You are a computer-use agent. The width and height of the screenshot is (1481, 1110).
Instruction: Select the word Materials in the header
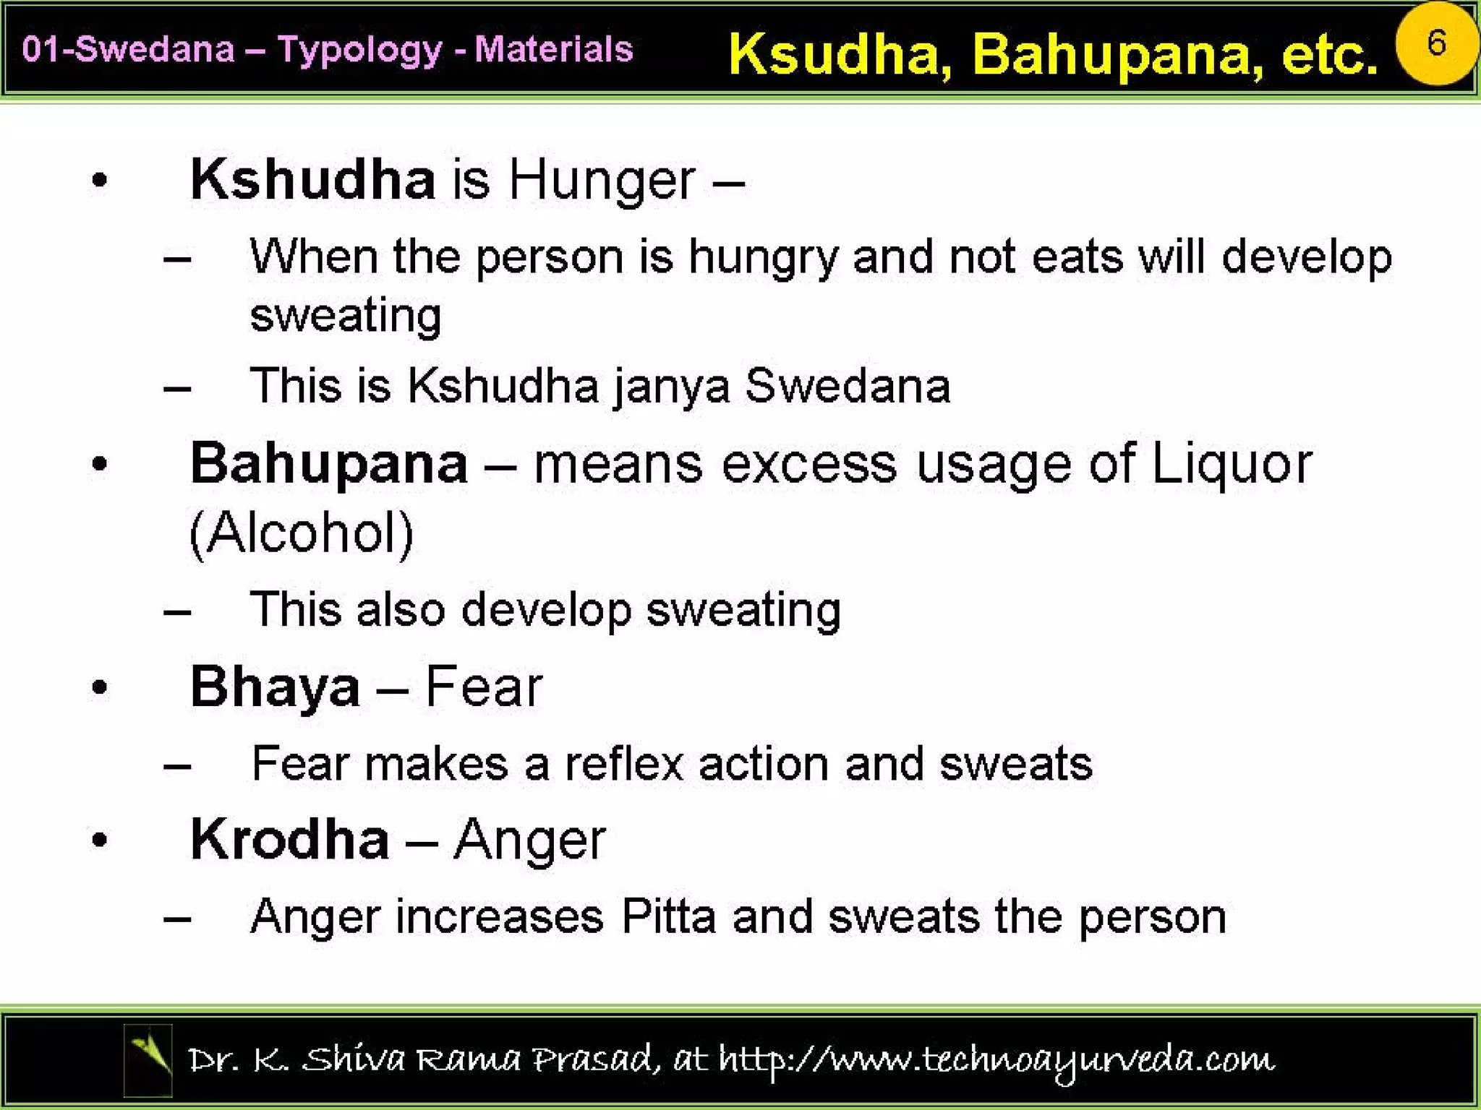pyautogui.click(x=554, y=50)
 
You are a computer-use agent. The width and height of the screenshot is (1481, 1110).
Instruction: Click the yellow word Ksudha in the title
pyautogui.click(x=839, y=55)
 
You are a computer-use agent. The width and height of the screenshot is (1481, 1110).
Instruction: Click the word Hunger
pyautogui.click(x=602, y=180)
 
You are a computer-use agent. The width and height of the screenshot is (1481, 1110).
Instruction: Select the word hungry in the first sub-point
pyautogui.click(x=763, y=257)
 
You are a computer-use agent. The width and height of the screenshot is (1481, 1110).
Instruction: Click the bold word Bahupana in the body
pyautogui.click(x=329, y=463)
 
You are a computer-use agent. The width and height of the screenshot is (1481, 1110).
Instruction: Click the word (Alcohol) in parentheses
pyautogui.click(x=302, y=533)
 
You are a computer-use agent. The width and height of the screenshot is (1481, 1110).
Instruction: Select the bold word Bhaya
pyautogui.click(x=275, y=687)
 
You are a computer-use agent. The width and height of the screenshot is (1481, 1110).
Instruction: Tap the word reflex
pyautogui.click(x=623, y=764)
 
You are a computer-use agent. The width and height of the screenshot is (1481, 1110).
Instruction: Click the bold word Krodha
pyautogui.click(x=289, y=839)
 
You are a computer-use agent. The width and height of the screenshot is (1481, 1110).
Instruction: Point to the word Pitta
pyautogui.click(x=668, y=916)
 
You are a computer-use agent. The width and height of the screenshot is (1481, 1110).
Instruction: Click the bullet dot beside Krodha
pyautogui.click(x=100, y=840)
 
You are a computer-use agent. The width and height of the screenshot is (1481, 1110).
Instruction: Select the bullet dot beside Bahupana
pyautogui.click(x=100, y=464)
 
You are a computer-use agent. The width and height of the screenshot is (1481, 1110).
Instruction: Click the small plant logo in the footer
pyautogui.click(x=148, y=1059)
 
